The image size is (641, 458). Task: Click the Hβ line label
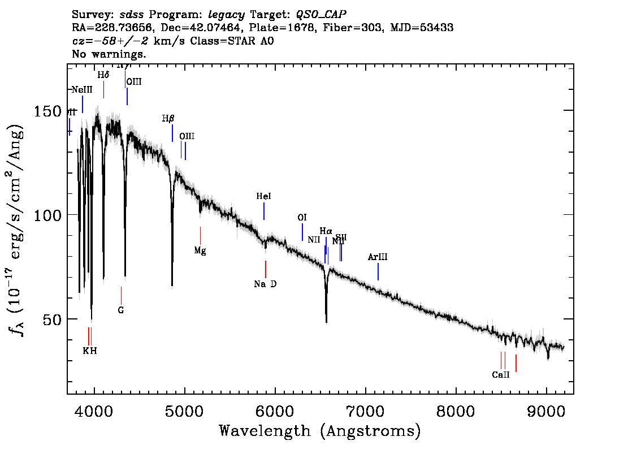(x=168, y=119)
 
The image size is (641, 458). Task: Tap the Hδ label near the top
(x=103, y=75)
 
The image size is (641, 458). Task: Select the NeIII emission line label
(x=82, y=89)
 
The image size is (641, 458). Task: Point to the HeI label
(x=263, y=196)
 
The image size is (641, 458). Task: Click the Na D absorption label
(x=265, y=284)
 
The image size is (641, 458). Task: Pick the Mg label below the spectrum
(x=200, y=250)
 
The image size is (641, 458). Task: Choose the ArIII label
(x=378, y=257)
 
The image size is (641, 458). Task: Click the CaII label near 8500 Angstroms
(x=501, y=374)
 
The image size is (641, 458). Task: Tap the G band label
(x=121, y=310)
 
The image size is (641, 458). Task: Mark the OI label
(x=302, y=218)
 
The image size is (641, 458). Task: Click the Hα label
(x=326, y=231)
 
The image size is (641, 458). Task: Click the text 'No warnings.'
(x=110, y=54)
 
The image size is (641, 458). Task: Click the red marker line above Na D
(x=265, y=269)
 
